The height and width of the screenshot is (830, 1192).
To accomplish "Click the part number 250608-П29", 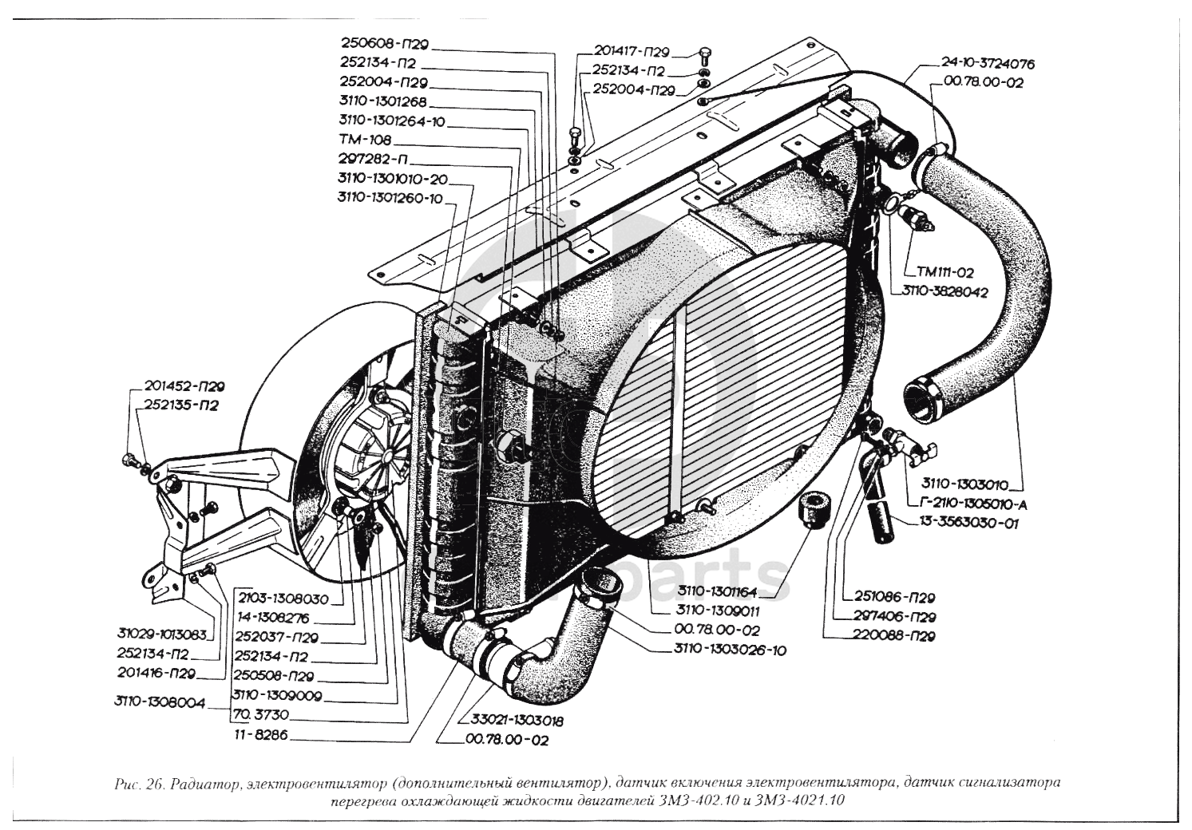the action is tap(385, 44).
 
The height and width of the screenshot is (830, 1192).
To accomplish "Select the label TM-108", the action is tap(365, 140).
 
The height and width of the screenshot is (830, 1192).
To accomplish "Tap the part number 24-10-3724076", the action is tap(988, 65).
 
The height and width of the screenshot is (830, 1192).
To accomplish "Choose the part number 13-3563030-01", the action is tap(968, 524).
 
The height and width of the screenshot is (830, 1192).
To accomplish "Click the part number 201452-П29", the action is tap(184, 386).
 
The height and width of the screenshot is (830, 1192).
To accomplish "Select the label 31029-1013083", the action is tap(161, 634).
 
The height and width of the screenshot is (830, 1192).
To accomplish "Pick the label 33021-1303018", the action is tap(517, 721).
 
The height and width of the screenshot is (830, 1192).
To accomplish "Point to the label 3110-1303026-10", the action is tap(730, 650).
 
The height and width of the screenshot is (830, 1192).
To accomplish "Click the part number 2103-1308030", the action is tap(283, 599).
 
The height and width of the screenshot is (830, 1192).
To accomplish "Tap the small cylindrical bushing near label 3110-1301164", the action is tap(813, 510).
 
